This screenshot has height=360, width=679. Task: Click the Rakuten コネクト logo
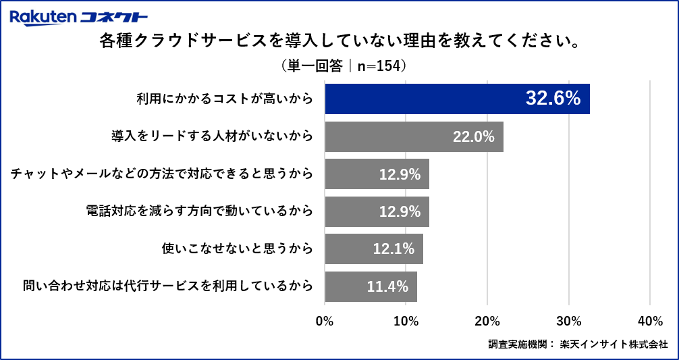[x=79, y=17]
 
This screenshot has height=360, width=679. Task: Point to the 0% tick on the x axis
[x=325, y=321]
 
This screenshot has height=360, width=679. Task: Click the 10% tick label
[x=406, y=321]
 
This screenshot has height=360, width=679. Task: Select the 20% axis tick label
[x=487, y=321]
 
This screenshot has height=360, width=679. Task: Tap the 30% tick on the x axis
[x=568, y=321]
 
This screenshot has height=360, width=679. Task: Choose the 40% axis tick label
[x=649, y=321]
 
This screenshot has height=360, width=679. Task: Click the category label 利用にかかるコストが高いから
[x=225, y=99]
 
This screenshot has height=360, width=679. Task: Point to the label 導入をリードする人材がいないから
[x=212, y=136]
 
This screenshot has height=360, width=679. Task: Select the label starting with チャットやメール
[x=161, y=174]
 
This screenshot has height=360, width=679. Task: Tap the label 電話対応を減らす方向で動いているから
[x=199, y=211]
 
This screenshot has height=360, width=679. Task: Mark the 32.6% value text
[x=553, y=99]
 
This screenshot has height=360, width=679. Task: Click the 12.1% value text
[x=393, y=249]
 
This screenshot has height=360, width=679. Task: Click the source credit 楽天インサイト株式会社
[x=614, y=344]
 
